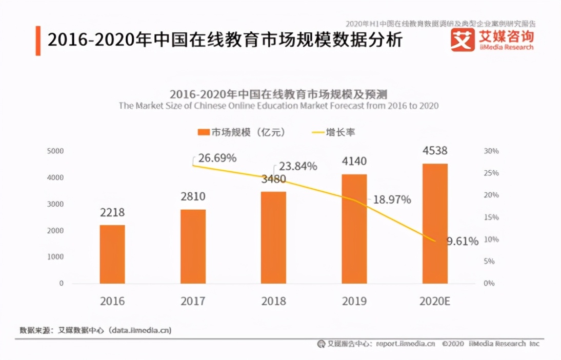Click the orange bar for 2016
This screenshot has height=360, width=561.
click(x=112, y=254)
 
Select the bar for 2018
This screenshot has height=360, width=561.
click(x=273, y=237)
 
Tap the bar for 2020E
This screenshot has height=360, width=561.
click(x=435, y=224)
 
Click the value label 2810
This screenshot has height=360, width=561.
click(x=193, y=197)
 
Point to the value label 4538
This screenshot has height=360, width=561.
click(x=435, y=151)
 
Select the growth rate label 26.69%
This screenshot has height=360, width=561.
click(x=217, y=158)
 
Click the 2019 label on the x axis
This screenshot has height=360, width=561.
click(x=354, y=301)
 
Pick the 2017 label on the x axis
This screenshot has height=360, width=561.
click(x=193, y=301)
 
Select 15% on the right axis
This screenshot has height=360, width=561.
click(x=491, y=217)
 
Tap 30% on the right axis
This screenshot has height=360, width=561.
click(x=491, y=151)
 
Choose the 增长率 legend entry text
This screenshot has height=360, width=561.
click(x=340, y=132)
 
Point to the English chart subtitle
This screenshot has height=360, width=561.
click(x=278, y=106)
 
